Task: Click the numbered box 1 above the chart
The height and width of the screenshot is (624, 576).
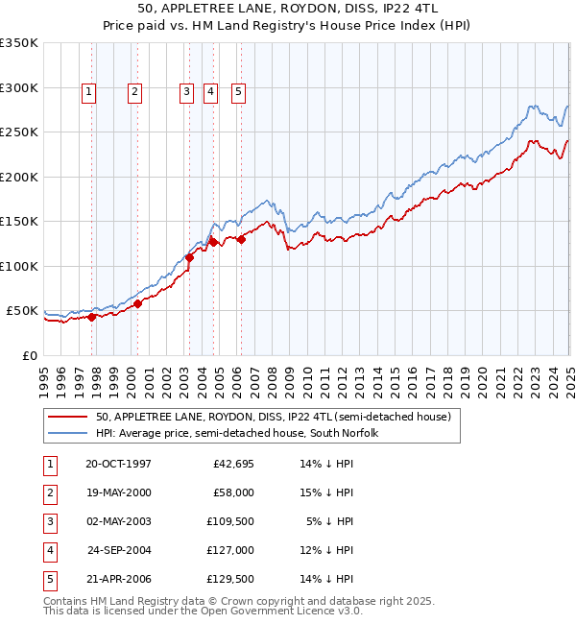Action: [88, 92]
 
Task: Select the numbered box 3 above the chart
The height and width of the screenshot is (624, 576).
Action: [185, 92]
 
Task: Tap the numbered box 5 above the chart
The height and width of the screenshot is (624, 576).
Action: [237, 92]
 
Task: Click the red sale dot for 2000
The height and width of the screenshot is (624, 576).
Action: [137, 303]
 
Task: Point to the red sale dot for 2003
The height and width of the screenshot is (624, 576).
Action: [190, 257]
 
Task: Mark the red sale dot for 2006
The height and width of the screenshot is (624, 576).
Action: [242, 240]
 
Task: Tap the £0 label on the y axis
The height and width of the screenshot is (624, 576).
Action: [29, 355]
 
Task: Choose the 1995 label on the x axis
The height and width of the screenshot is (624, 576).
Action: [43, 374]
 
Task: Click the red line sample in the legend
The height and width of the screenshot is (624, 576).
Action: [68, 417]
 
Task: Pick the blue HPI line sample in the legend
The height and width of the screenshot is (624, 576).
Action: [68, 433]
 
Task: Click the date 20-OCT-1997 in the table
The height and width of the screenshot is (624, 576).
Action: [118, 464]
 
